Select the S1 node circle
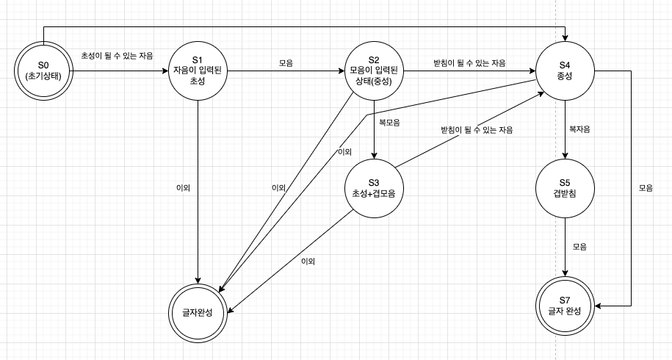click(198, 71)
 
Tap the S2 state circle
click(374, 71)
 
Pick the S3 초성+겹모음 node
click(374, 188)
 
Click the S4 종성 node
click(565, 71)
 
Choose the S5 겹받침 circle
click(565, 188)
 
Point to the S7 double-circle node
click(565, 306)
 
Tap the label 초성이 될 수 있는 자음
click(118, 55)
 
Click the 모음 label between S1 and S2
click(286, 63)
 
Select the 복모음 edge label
click(389, 123)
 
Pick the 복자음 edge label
click(579, 129)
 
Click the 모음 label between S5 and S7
click(579, 247)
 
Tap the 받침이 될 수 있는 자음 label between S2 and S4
click(469, 63)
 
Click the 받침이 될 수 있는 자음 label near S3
click(477, 130)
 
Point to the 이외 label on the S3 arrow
click(308, 262)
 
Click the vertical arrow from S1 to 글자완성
click(198, 220)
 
